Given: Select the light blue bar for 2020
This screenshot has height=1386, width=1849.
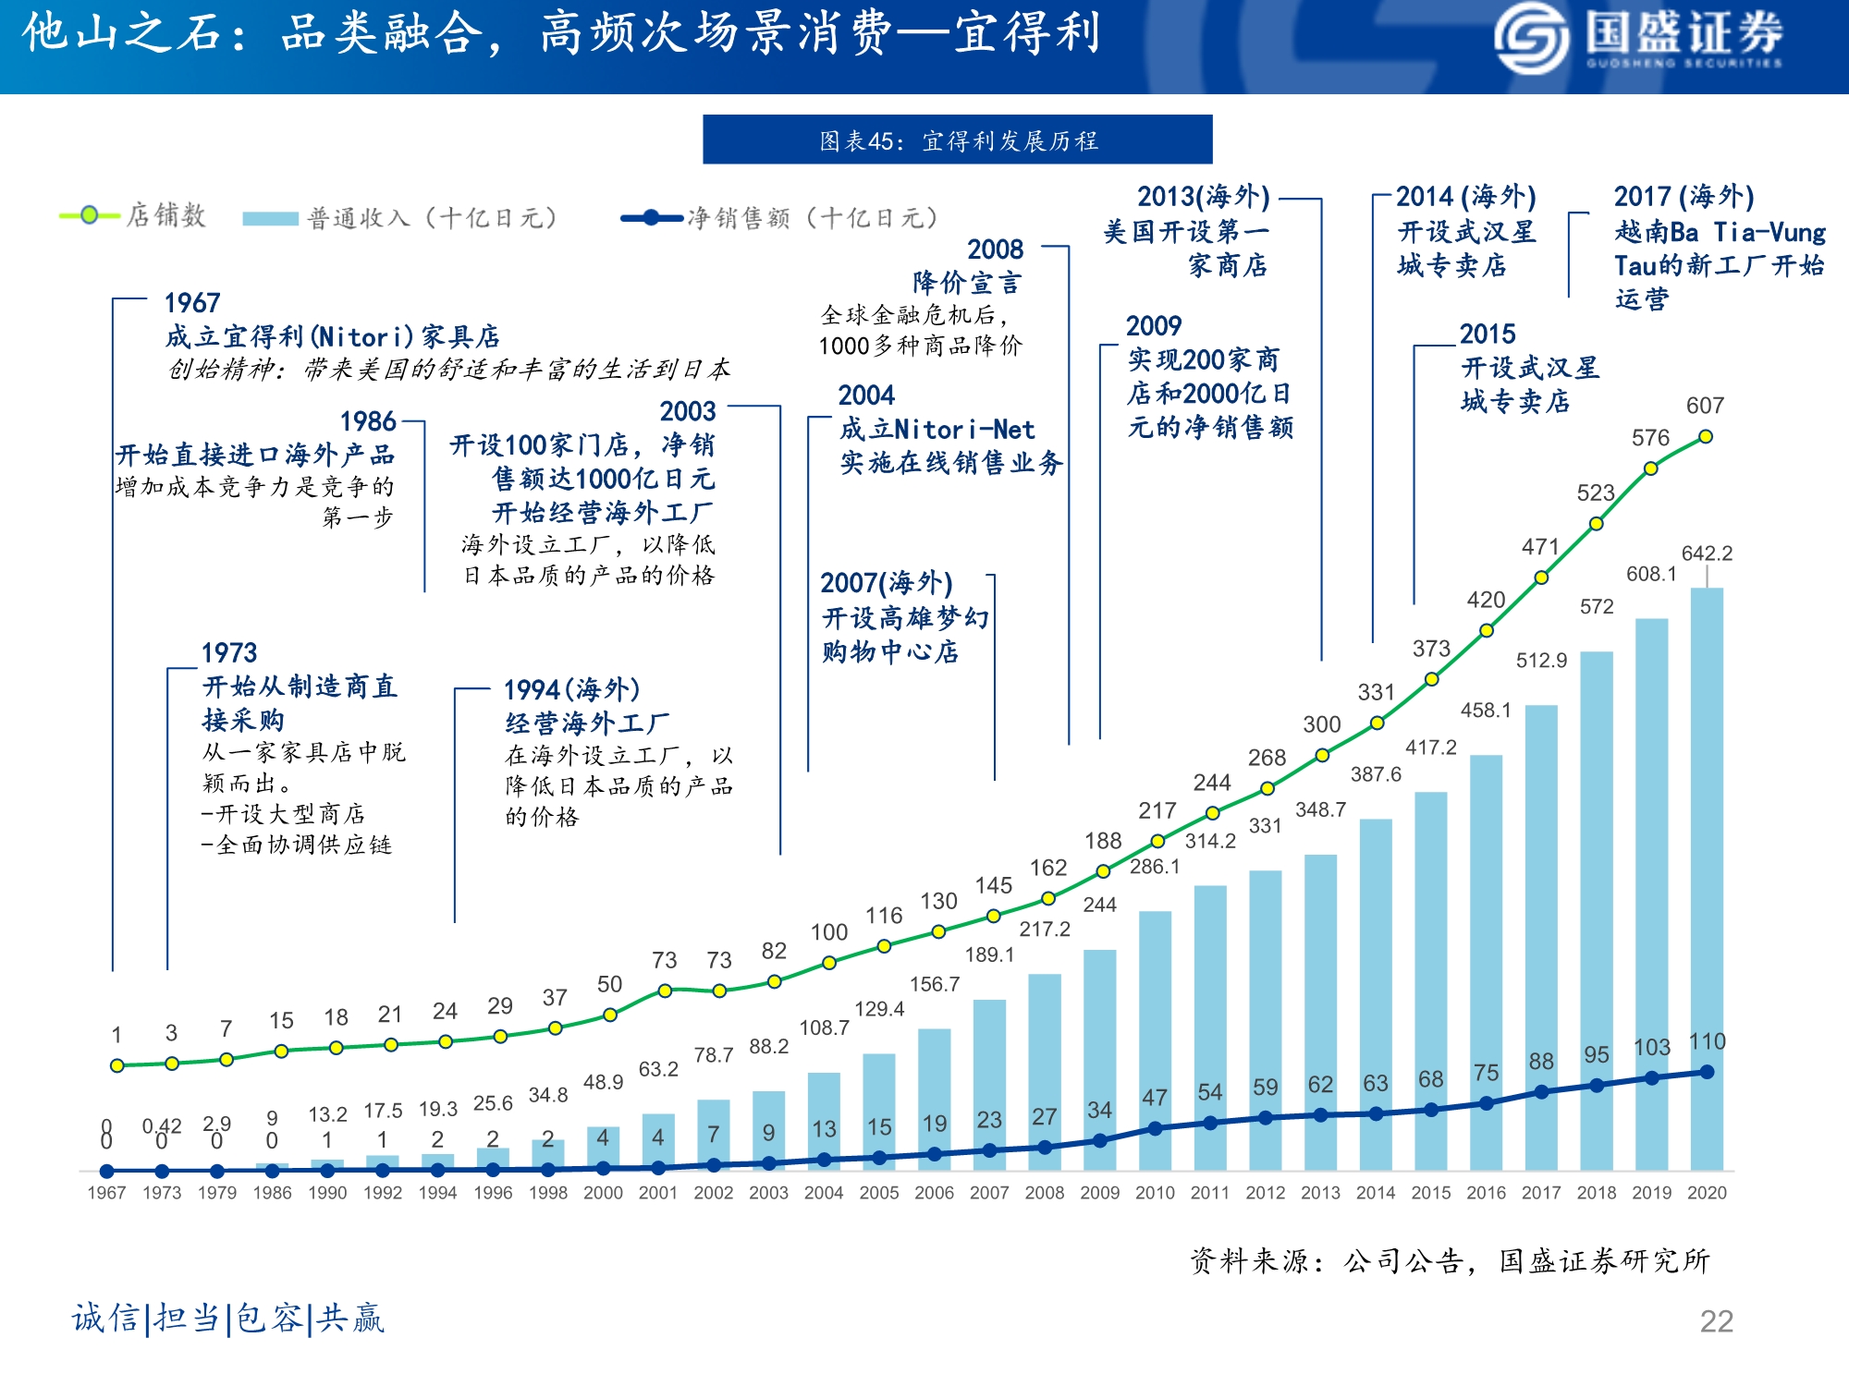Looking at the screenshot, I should (x=1707, y=878).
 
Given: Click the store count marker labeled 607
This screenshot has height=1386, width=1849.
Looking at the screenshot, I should (x=1706, y=436).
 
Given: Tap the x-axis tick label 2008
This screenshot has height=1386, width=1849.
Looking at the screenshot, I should (x=1045, y=1193).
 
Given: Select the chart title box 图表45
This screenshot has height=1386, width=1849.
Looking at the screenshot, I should (x=957, y=140).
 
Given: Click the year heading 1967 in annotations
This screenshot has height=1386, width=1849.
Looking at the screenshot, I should (x=192, y=303).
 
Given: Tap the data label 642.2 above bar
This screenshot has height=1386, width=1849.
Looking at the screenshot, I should (x=1707, y=553).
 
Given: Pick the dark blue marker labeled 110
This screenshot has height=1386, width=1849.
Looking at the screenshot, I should (x=1707, y=1072).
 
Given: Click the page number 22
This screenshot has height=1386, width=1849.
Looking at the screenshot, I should (x=1716, y=1321).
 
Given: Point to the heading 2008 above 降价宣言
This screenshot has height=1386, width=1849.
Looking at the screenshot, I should (x=995, y=249).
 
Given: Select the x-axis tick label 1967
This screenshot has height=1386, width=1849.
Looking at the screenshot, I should (x=106, y=1193).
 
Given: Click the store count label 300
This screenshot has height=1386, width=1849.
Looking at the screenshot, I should (x=1322, y=724).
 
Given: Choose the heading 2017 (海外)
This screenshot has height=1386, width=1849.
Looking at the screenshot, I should (x=1684, y=197).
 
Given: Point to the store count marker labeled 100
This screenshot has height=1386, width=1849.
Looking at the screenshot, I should (x=829, y=963).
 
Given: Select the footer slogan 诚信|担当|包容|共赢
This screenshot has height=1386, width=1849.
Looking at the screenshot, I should (x=227, y=1319).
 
